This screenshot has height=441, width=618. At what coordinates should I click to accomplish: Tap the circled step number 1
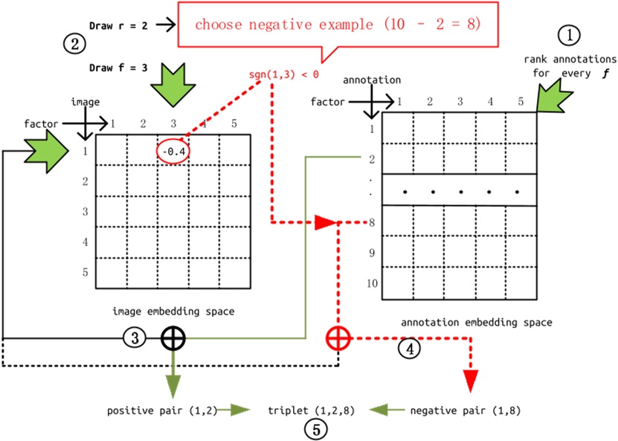point(569,33)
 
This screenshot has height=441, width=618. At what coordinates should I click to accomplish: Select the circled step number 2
point(74,45)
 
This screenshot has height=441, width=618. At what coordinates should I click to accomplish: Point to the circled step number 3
point(135,338)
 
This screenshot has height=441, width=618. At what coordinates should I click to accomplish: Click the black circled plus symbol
point(173,338)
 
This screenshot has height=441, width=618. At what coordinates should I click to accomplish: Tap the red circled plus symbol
point(338,338)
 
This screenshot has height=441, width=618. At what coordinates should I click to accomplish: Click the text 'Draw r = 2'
point(118,26)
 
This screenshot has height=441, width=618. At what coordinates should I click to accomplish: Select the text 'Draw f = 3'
point(118,67)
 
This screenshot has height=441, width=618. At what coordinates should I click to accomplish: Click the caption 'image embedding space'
point(173,312)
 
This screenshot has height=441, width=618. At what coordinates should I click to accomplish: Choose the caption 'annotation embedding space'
point(477,322)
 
